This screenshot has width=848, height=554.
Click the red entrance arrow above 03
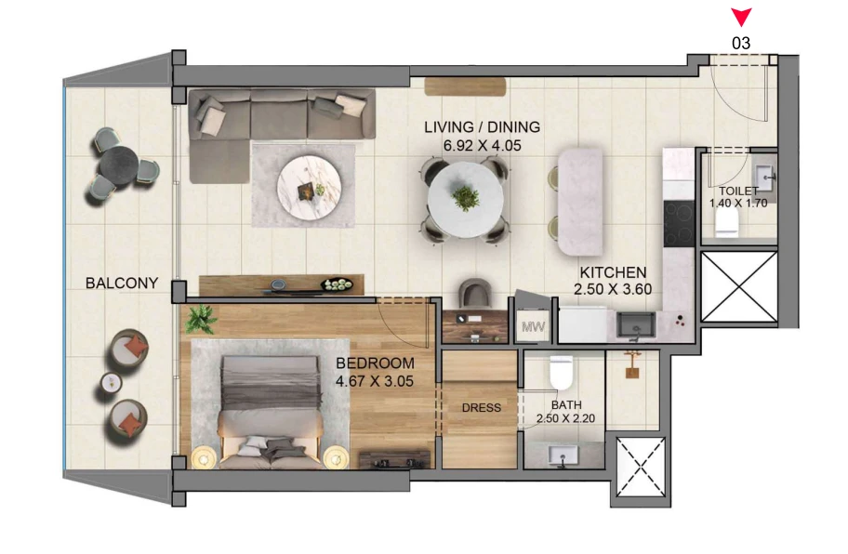[741, 16]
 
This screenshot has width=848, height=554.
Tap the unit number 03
[741, 44]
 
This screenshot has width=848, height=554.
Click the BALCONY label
[122, 283]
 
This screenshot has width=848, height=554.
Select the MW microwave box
[533, 326]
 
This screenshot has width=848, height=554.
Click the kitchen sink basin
[637, 325]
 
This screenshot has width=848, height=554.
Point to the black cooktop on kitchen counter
[679, 223]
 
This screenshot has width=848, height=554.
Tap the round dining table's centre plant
[465, 198]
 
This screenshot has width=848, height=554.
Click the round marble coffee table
[309, 188]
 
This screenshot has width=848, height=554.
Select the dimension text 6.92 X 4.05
[482, 145]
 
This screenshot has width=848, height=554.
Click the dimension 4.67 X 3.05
[374, 381]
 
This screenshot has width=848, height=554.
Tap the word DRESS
[482, 408]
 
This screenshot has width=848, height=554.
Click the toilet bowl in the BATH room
[561, 372]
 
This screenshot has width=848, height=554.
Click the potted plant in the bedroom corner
[201, 318]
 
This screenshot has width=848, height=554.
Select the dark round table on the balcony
[118, 165]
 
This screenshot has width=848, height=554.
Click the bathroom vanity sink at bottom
[563, 455]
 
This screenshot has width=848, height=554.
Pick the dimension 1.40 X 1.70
[738, 204]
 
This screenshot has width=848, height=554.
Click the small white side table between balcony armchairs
[112, 383]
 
